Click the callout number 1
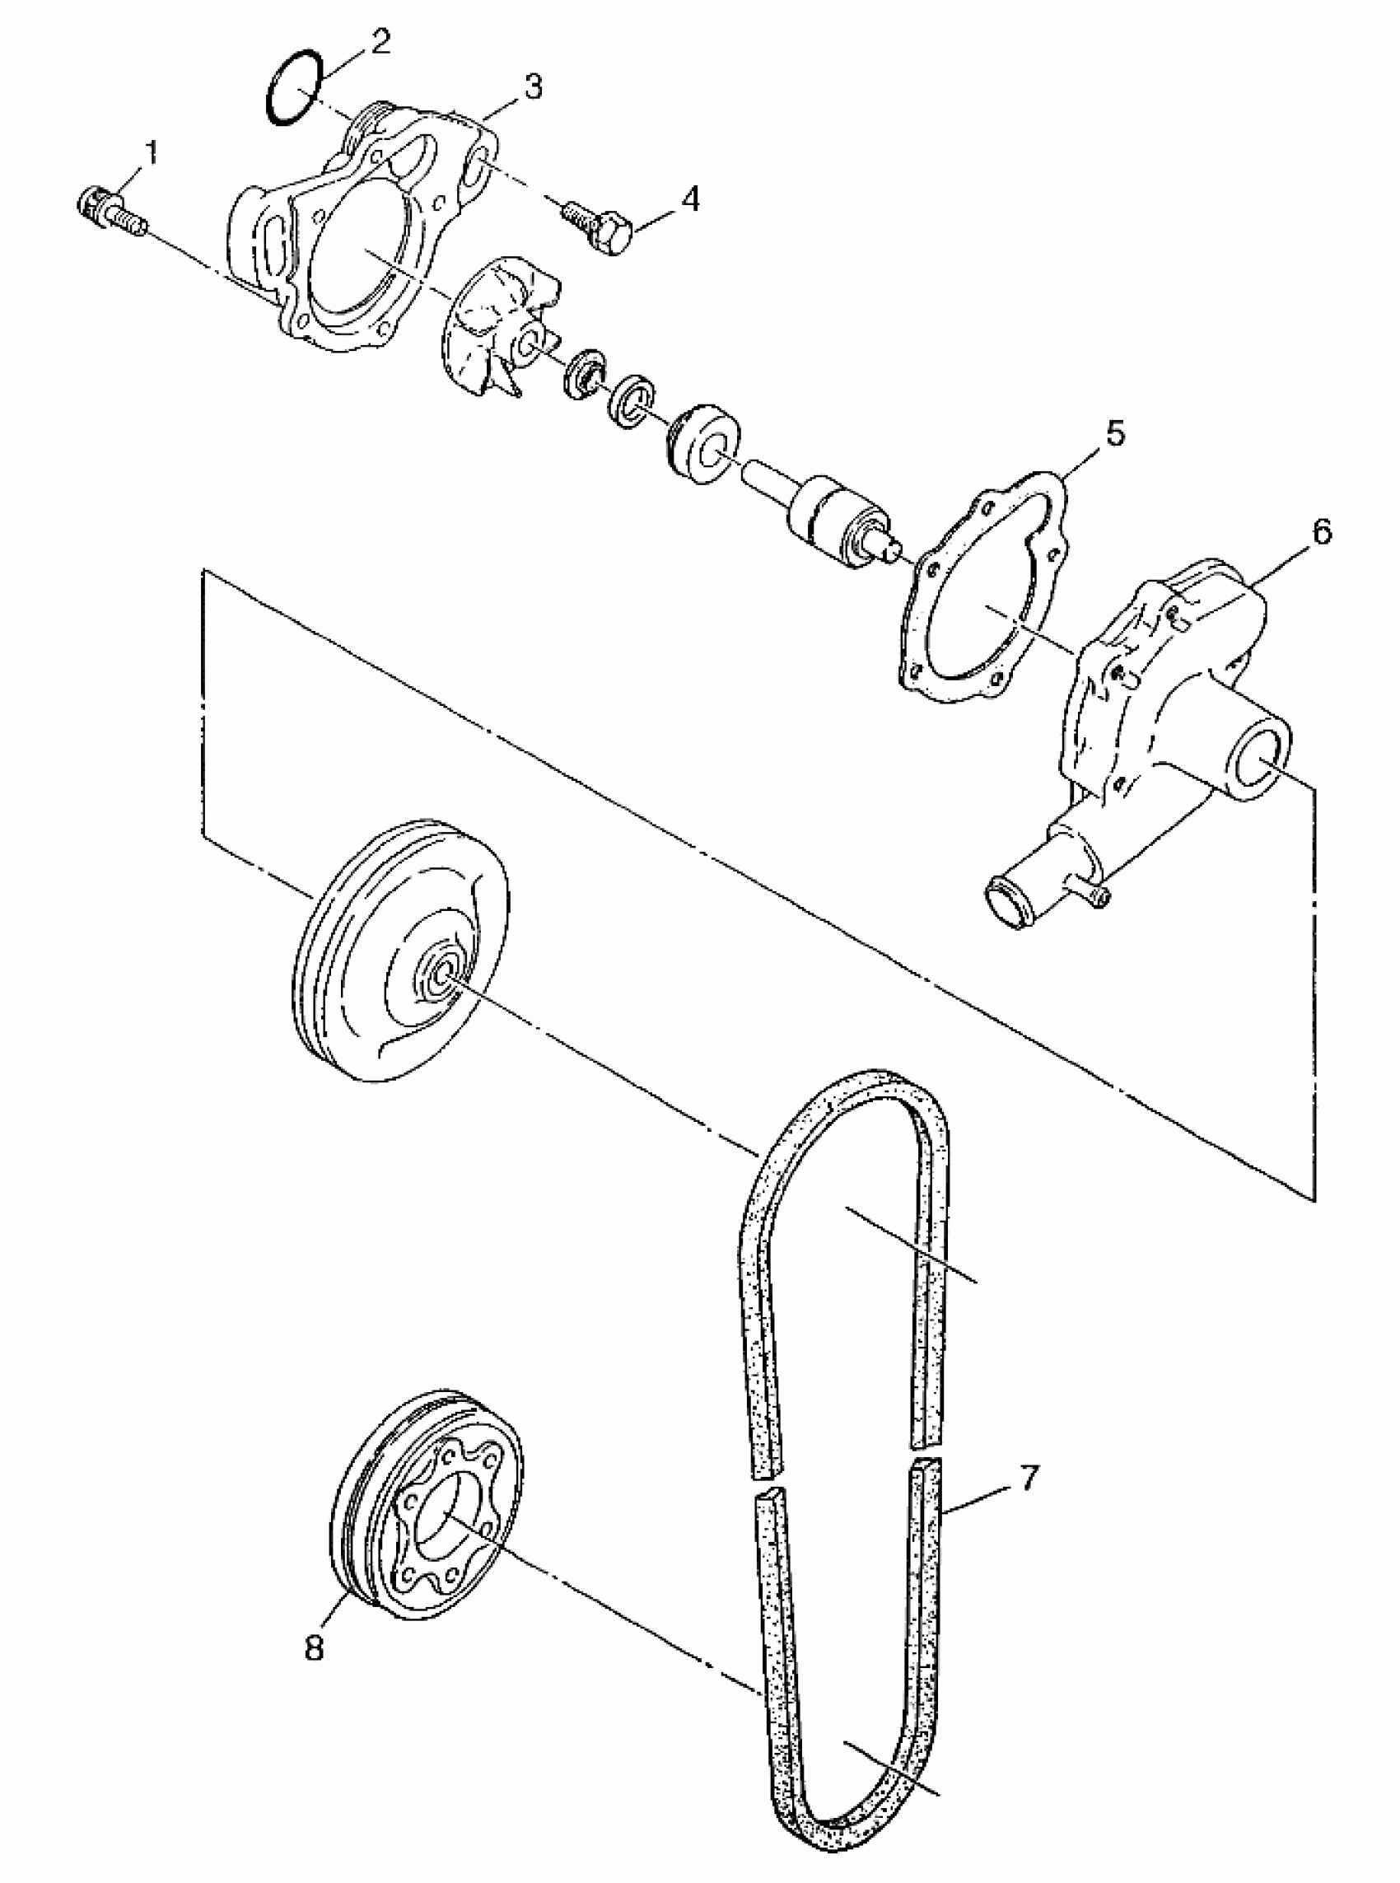point(151,154)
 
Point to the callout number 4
point(691,200)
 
